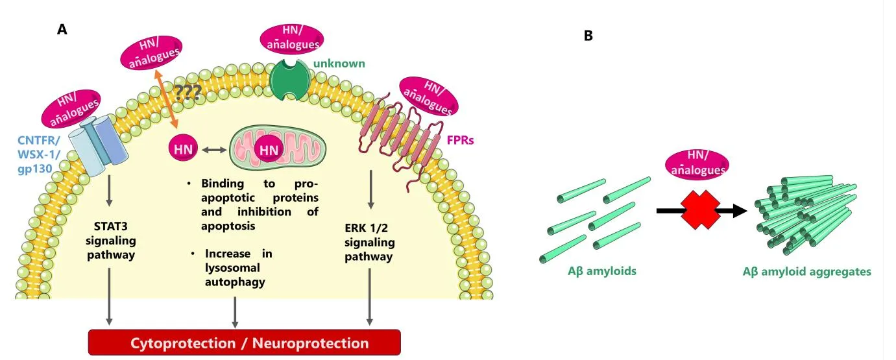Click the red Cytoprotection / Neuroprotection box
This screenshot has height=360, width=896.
pyautogui.click(x=244, y=343)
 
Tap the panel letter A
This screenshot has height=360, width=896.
pyautogui.click(x=62, y=29)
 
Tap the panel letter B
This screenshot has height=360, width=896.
pyautogui.click(x=588, y=36)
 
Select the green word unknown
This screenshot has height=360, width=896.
pyautogui.click(x=339, y=64)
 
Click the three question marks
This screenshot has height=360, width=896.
pyautogui.click(x=186, y=93)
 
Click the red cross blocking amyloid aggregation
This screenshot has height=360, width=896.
pyautogui.click(x=700, y=210)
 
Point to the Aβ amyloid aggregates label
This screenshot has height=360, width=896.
pyautogui.click(x=806, y=272)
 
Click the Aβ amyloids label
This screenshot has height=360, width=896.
pyautogui.click(x=601, y=271)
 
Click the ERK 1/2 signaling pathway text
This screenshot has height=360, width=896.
pyautogui.click(x=369, y=242)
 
